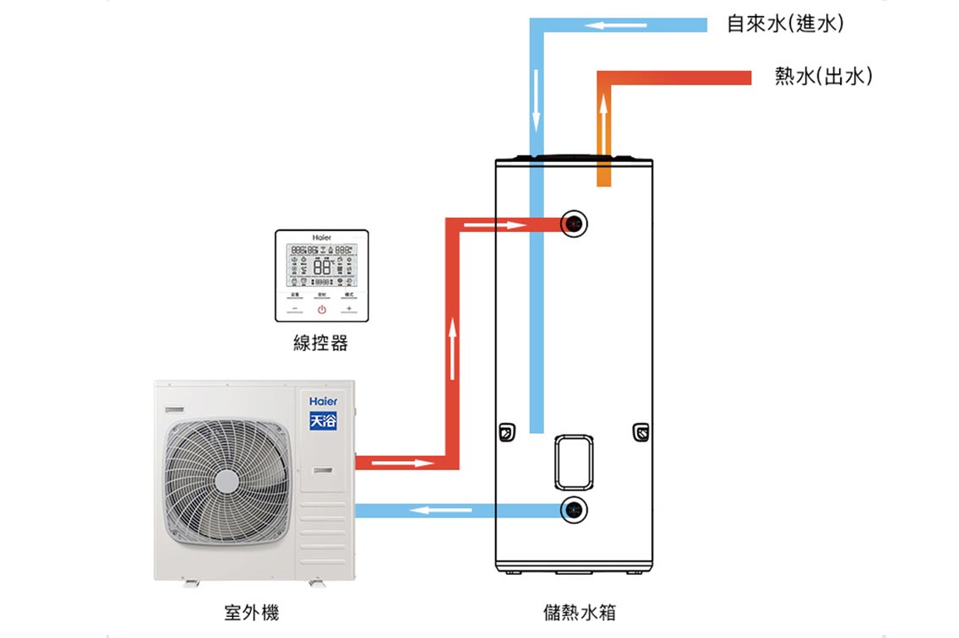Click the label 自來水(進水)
tap(785, 24)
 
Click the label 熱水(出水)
tap(823, 78)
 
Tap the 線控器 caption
tap(320, 343)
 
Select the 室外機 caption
tap(251, 613)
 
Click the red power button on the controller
tap(322, 310)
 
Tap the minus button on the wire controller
tap(295, 310)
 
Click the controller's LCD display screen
tap(322, 264)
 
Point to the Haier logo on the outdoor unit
tap(323, 402)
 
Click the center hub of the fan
tap(226, 481)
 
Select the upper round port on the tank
tap(575, 224)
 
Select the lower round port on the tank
tap(575, 510)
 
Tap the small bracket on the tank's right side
tap(641, 432)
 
